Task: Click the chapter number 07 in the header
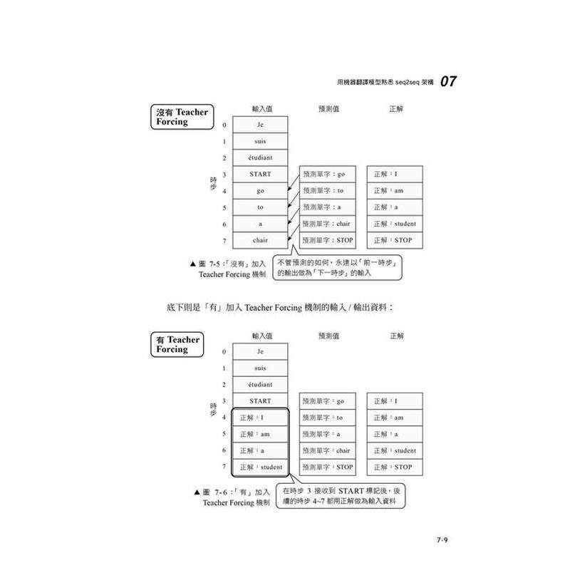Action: (448, 81)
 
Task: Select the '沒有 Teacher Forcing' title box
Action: (182, 117)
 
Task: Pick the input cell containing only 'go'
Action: (260, 191)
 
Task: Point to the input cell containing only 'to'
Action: (260, 207)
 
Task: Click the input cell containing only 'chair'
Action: (260, 240)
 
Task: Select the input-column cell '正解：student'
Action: (260, 467)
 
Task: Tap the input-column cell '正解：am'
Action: (260, 434)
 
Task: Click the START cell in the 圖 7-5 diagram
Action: (260, 174)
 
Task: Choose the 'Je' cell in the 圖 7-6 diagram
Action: (260, 352)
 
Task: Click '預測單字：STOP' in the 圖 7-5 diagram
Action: (328, 240)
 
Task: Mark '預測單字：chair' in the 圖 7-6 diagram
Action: (328, 450)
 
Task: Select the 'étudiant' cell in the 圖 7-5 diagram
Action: (260, 157)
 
